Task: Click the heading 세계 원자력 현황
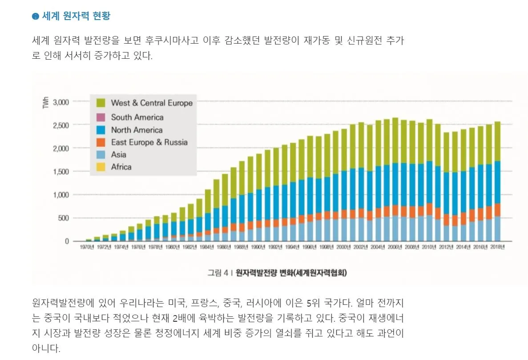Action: click(76, 16)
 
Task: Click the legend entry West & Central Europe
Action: click(151, 103)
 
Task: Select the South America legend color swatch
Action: click(101, 117)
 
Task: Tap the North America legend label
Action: click(137, 130)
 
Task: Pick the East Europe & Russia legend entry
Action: click(149, 142)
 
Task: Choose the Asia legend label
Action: click(118, 155)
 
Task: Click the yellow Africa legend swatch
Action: click(101, 167)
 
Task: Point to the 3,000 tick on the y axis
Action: click(60, 102)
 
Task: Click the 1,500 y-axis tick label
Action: click(60, 172)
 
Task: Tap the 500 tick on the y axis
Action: click(64, 218)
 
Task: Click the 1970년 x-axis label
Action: click(87, 247)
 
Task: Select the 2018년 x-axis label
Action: click(497, 247)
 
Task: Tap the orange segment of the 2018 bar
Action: click(497, 210)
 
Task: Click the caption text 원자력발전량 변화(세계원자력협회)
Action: click(291, 273)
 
